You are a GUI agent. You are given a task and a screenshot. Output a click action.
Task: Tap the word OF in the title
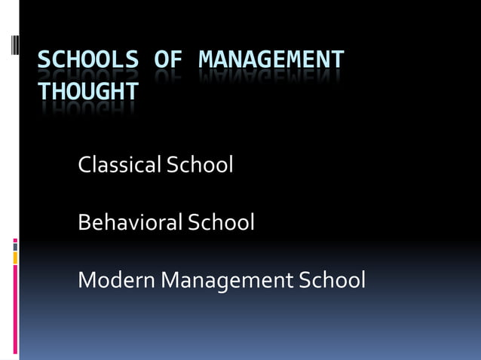point(170,59)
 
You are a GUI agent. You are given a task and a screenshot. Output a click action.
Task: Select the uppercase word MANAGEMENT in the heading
point(271,59)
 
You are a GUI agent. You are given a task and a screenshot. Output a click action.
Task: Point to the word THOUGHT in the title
point(88,91)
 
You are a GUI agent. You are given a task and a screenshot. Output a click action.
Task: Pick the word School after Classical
point(200,164)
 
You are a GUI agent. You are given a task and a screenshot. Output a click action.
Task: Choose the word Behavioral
point(130,222)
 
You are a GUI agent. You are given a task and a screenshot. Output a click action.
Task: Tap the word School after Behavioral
point(222,222)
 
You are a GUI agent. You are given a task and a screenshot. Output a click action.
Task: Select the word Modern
point(116,280)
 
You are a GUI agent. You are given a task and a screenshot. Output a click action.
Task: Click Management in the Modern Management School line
point(227,280)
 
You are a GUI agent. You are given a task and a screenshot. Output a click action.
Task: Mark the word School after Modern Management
point(332,280)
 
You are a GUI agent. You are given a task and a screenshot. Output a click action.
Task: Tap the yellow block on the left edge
point(15,258)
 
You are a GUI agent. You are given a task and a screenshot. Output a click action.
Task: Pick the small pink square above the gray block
point(15,241)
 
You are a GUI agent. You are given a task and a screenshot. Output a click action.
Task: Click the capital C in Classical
point(84,164)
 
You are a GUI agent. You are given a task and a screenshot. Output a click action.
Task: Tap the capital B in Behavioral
point(84,222)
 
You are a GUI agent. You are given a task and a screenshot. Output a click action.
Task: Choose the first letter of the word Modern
point(87,280)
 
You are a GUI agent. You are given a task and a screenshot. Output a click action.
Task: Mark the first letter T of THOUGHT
point(44,91)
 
